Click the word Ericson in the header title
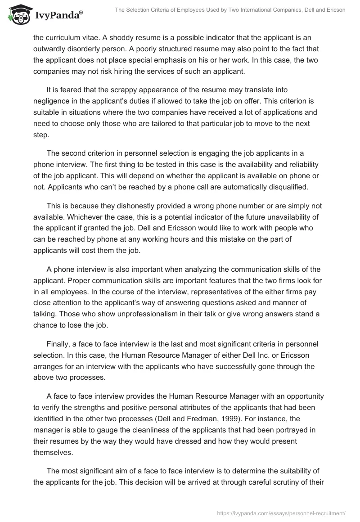(x=335, y=10)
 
